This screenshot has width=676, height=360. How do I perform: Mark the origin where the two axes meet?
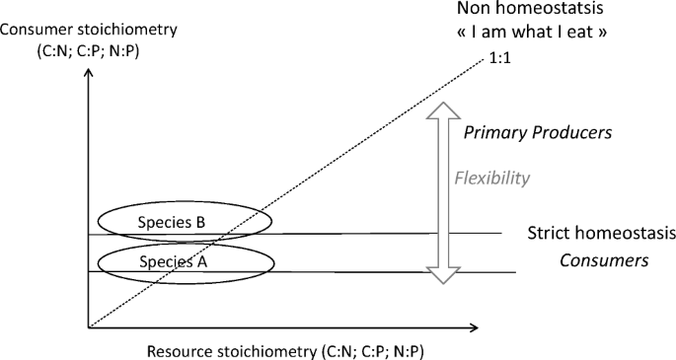(89, 326)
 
